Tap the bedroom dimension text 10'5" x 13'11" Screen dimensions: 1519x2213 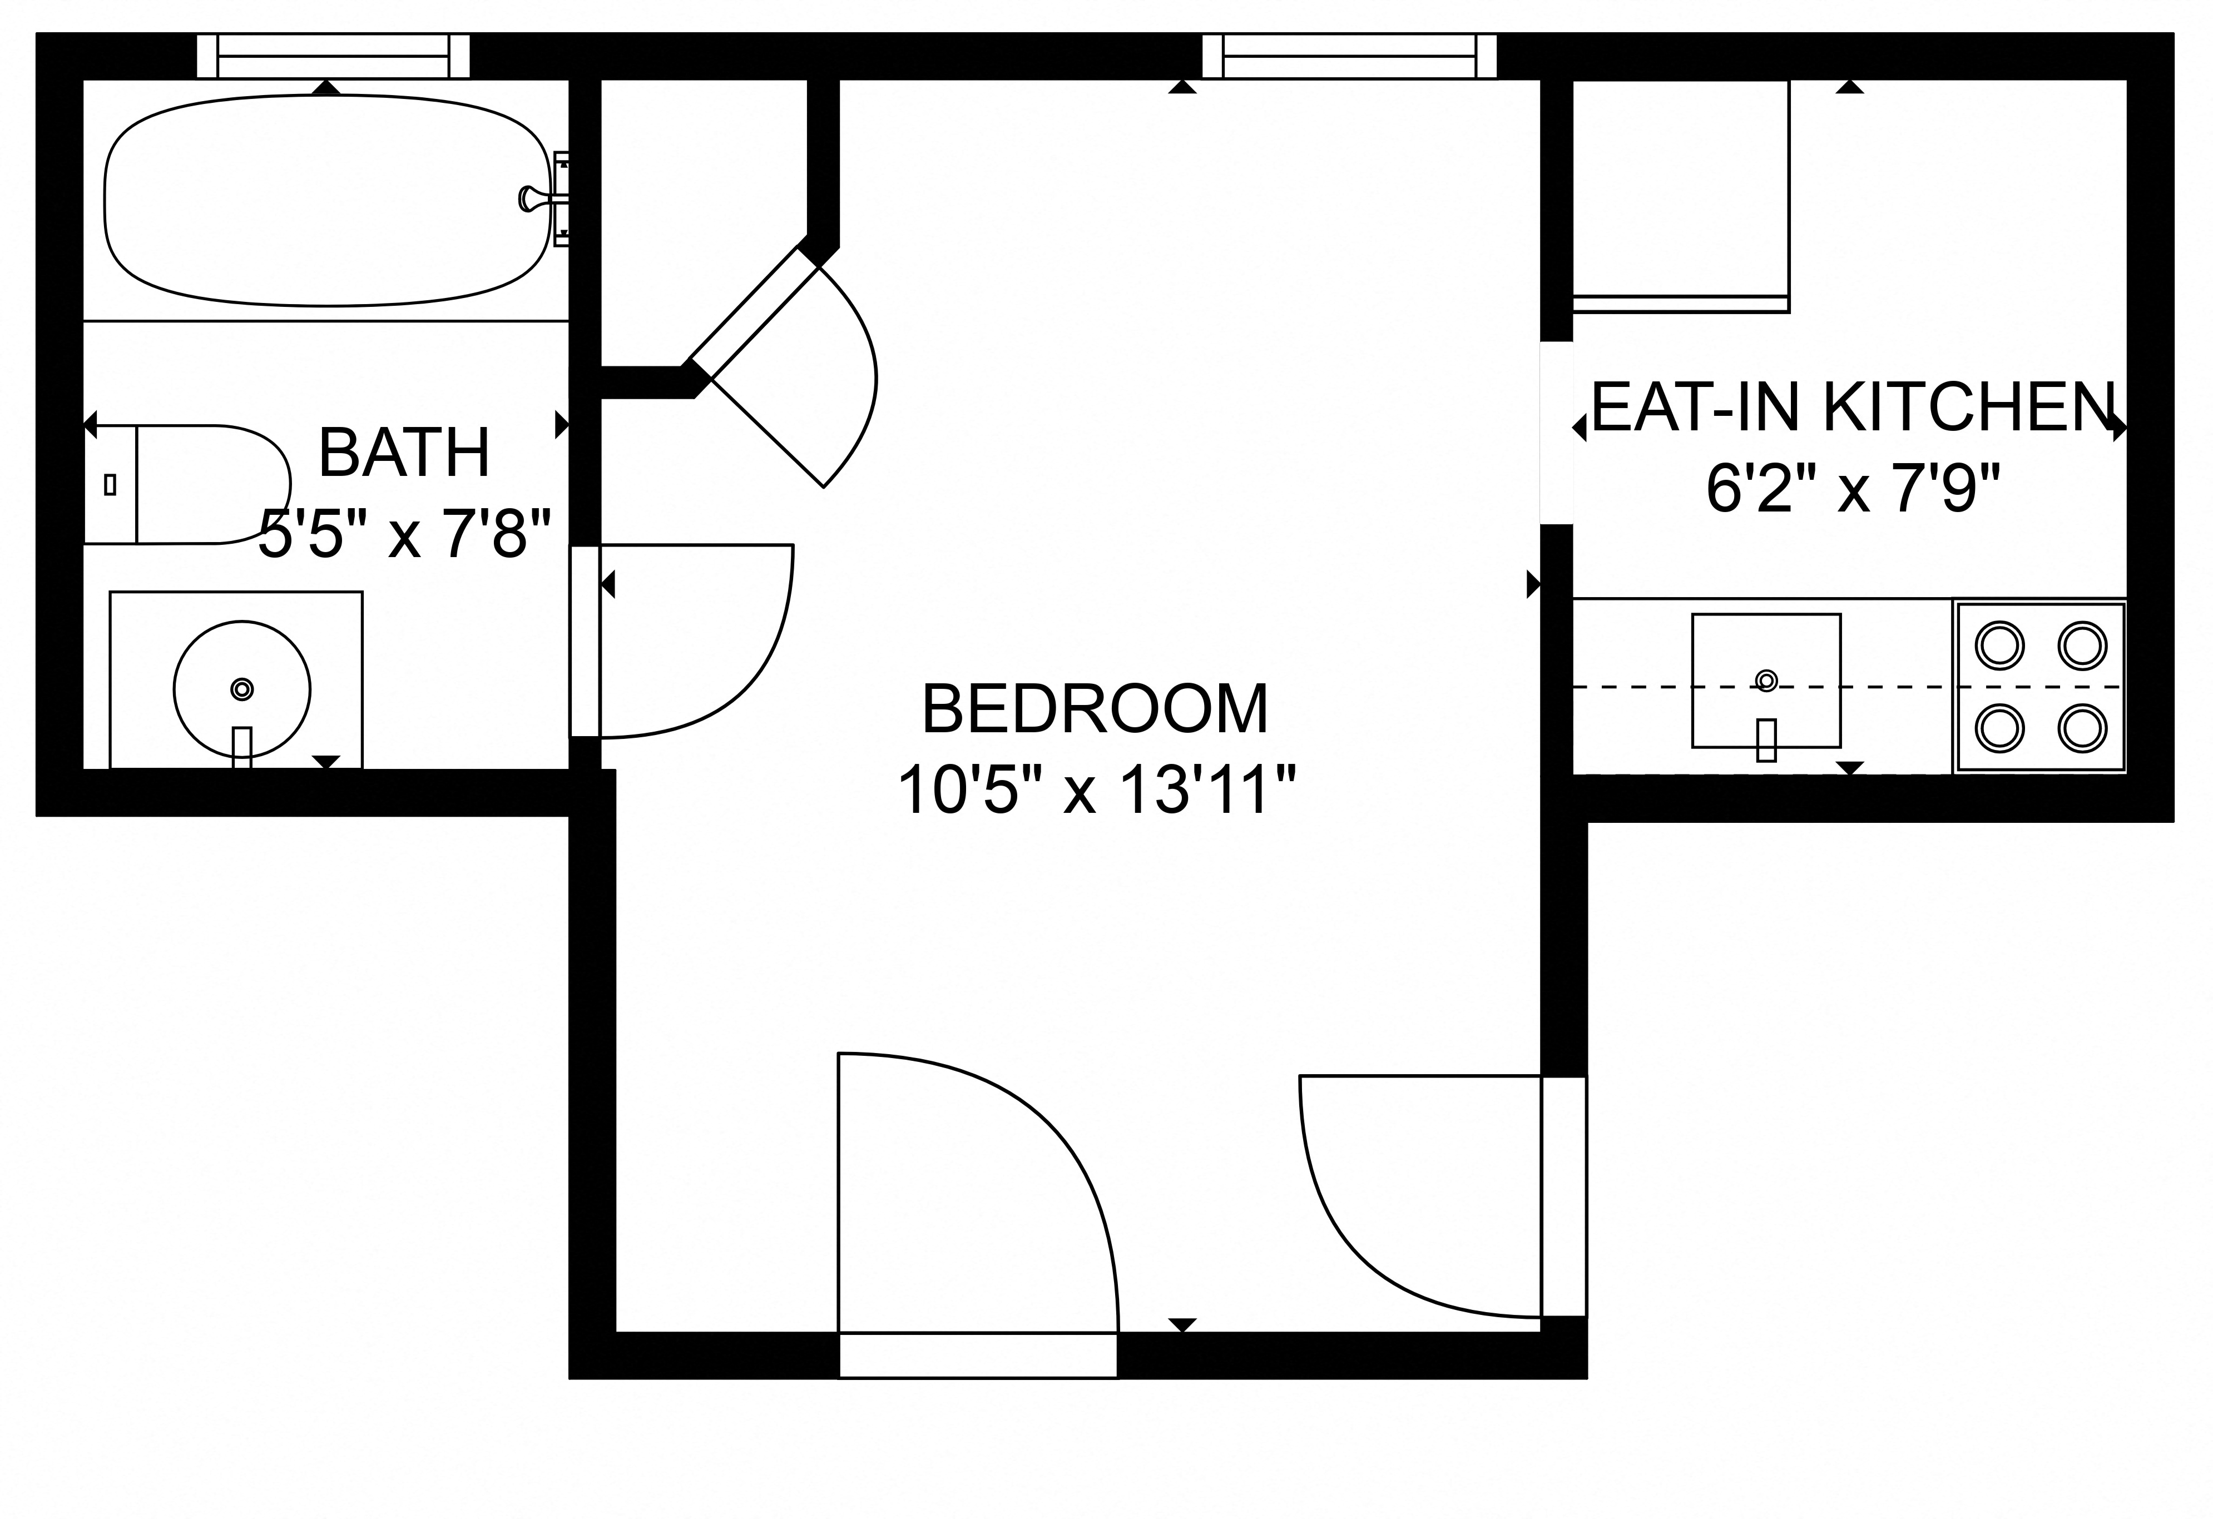click(x=1096, y=790)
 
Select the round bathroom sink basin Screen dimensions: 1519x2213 click(x=242, y=689)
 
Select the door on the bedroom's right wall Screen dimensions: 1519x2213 click(x=1563, y=1197)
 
